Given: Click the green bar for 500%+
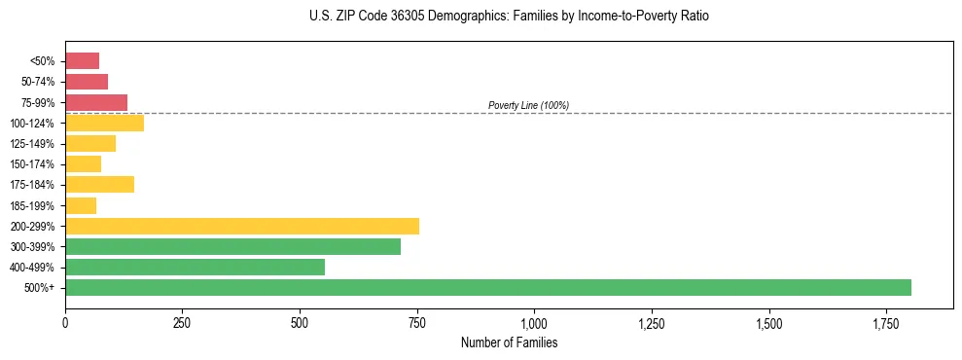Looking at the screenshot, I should [487, 287].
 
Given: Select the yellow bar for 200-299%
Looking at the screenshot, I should [242, 226].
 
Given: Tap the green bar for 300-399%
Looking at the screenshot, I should [232, 246].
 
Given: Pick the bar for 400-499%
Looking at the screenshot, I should [195, 267].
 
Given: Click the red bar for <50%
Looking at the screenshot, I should [82, 60].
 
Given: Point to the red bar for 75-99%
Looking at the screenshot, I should [96, 102].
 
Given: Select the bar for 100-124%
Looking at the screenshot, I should [104, 123].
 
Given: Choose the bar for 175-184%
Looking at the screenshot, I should [99, 184].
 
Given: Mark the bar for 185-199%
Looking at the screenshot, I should [81, 205].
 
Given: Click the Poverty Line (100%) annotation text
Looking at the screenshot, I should [528, 105].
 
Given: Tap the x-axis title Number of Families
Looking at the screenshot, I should [509, 342].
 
